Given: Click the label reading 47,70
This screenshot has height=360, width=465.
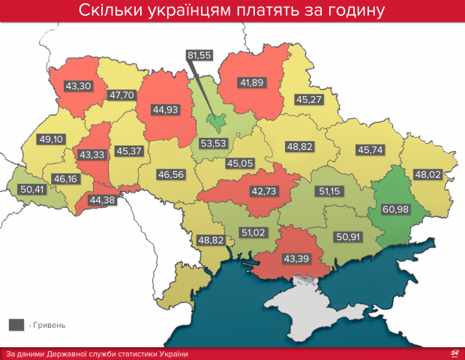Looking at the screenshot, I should click(122, 95).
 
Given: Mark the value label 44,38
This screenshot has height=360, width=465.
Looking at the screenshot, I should click(103, 199).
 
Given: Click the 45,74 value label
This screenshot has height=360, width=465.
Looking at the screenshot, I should click(370, 149).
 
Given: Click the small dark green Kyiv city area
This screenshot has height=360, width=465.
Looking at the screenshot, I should click(217, 121).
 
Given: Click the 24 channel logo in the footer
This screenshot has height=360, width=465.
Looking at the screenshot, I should click(453, 352).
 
